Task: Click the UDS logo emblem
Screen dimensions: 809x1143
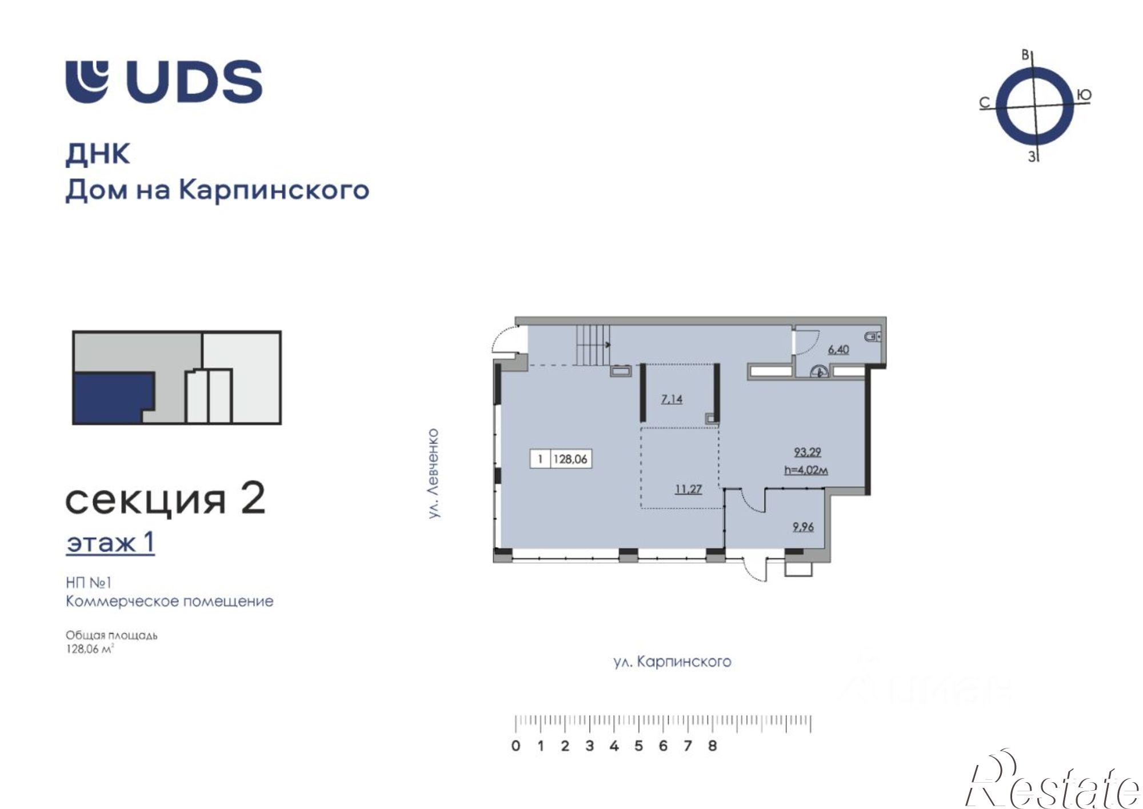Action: coord(87,81)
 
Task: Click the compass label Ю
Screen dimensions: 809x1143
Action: coord(1084,95)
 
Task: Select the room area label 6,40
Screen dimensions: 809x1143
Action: coord(838,349)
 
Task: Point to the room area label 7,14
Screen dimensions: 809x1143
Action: coord(672,399)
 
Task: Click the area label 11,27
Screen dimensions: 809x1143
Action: coord(688,489)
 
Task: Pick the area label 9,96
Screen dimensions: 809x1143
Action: coord(803,527)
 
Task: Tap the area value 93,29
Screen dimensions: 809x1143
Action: coord(807,452)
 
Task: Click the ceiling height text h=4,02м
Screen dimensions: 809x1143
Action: coord(807,470)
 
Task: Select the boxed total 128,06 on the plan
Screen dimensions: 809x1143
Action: coord(570,459)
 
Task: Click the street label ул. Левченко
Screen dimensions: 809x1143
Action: coord(434,474)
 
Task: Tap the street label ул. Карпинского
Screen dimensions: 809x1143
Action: coord(672,662)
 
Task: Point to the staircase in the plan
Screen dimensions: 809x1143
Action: coord(593,345)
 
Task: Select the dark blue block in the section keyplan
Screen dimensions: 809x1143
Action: coord(111,398)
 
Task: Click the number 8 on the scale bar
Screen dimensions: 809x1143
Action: coord(712,746)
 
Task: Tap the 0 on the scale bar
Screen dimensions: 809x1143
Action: coord(516,746)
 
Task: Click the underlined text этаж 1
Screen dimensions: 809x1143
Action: coord(110,543)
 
